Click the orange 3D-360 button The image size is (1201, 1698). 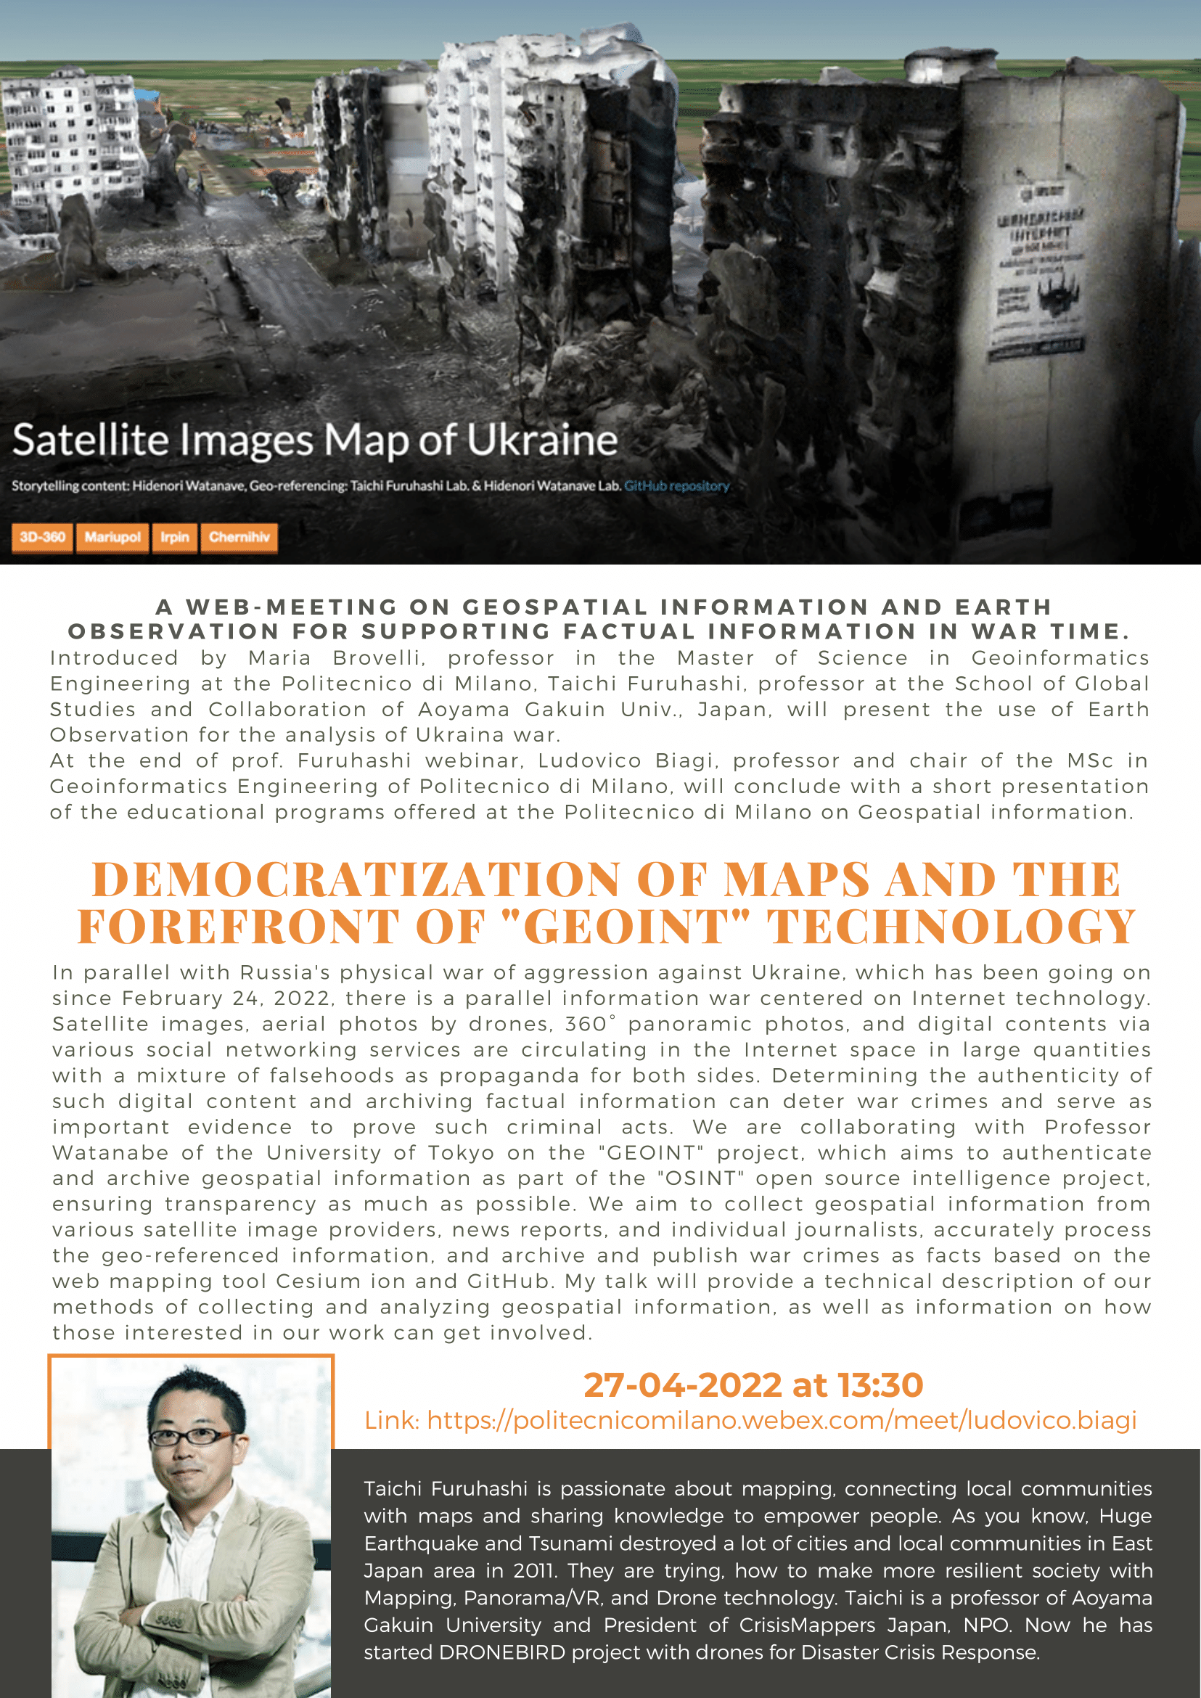[42, 537]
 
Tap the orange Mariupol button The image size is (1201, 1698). [112, 537]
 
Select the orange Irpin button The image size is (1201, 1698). [175, 537]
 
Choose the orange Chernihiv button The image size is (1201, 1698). [239, 537]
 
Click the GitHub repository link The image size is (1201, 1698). [676, 486]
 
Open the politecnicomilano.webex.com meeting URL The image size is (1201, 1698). [781, 1420]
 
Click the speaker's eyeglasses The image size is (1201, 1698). [191, 1436]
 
